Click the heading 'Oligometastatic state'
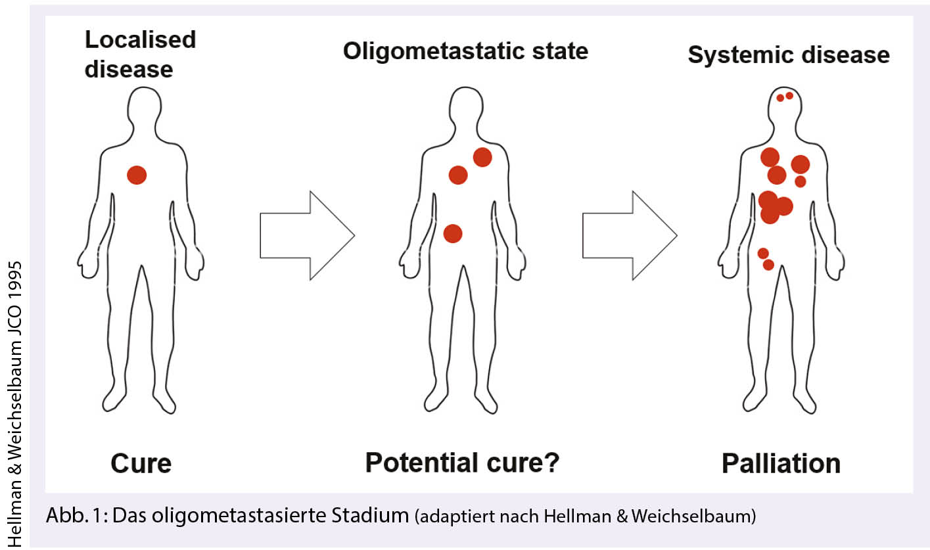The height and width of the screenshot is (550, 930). [x=465, y=51]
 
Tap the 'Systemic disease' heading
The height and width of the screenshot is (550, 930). [x=789, y=55]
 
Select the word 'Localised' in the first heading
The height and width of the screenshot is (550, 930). [x=141, y=40]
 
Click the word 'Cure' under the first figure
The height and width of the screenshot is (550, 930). [x=141, y=463]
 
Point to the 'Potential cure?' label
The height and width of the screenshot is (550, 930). [x=463, y=463]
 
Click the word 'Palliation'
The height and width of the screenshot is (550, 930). [x=781, y=463]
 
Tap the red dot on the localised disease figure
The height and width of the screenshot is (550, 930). [x=137, y=175]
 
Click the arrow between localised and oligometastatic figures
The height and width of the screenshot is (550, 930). [x=307, y=235]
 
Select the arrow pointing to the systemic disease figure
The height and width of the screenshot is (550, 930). [x=630, y=235]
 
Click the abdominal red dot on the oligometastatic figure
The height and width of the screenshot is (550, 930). [x=453, y=233]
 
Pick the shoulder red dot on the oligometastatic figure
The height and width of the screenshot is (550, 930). [x=482, y=157]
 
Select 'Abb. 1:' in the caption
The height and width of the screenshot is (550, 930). [x=77, y=516]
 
